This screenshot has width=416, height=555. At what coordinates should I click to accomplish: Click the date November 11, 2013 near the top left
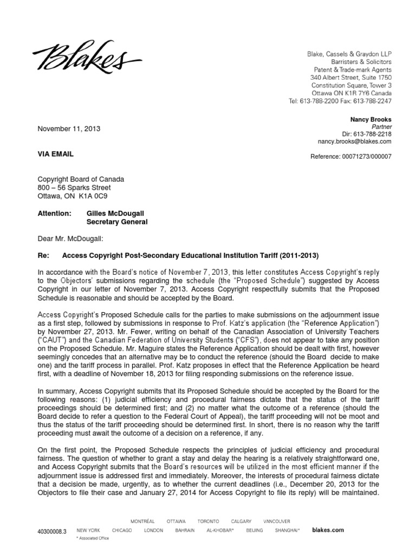point(68,129)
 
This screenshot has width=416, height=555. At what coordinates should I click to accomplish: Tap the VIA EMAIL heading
point(55,154)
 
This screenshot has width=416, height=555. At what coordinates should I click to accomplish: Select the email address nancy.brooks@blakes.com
point(354,141)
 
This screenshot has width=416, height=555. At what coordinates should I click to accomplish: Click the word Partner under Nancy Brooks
point(380,127)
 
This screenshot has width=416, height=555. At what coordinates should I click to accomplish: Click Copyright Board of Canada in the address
point(80,179)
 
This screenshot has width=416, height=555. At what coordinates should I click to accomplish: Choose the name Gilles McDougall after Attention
point(117,214)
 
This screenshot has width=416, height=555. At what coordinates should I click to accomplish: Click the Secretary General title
point(117,222)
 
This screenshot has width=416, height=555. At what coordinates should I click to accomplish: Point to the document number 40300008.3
point(53,532)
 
